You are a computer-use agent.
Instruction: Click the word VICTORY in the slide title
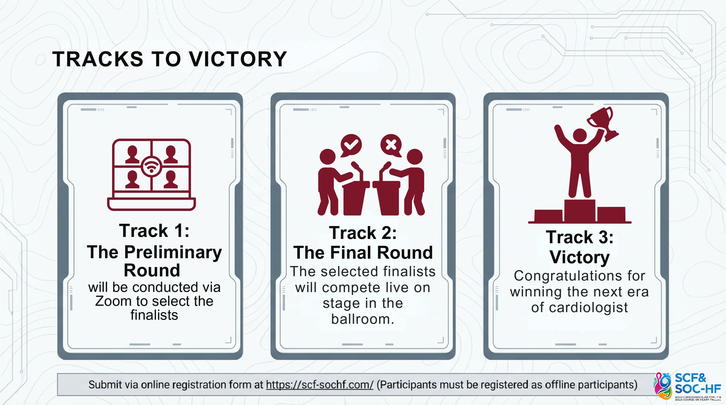coord(238,59)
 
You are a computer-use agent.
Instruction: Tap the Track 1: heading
coord(154,231)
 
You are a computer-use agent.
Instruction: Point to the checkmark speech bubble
coord(351,145)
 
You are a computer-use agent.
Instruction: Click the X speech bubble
coord(391,145)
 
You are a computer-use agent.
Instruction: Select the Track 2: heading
coord(363,233)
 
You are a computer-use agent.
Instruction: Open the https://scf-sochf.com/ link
coord(320,385)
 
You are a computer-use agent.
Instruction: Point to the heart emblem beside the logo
coord(662,386)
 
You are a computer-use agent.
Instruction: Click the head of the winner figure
coord(580,136)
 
